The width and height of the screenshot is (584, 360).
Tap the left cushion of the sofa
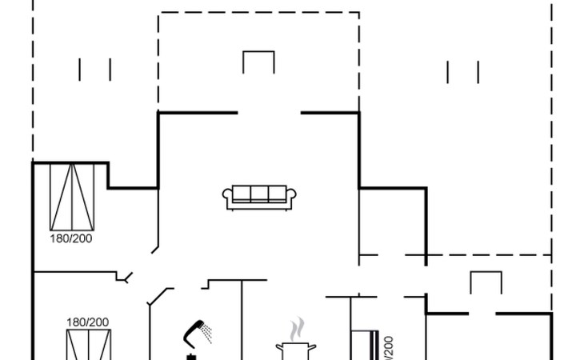240,194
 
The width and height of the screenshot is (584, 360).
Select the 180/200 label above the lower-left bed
87,322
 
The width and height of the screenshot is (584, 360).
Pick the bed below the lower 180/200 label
87,346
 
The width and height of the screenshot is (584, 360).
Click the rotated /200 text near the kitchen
390,348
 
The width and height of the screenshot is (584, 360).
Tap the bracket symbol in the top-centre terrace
258,62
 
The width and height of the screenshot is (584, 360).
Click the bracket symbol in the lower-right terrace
485,282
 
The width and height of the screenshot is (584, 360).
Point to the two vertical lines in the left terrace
94,70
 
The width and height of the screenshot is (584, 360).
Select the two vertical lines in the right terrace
462,72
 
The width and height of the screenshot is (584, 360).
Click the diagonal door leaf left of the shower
160,296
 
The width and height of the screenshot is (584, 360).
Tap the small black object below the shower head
191,354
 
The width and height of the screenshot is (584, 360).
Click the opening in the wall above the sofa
269,114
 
